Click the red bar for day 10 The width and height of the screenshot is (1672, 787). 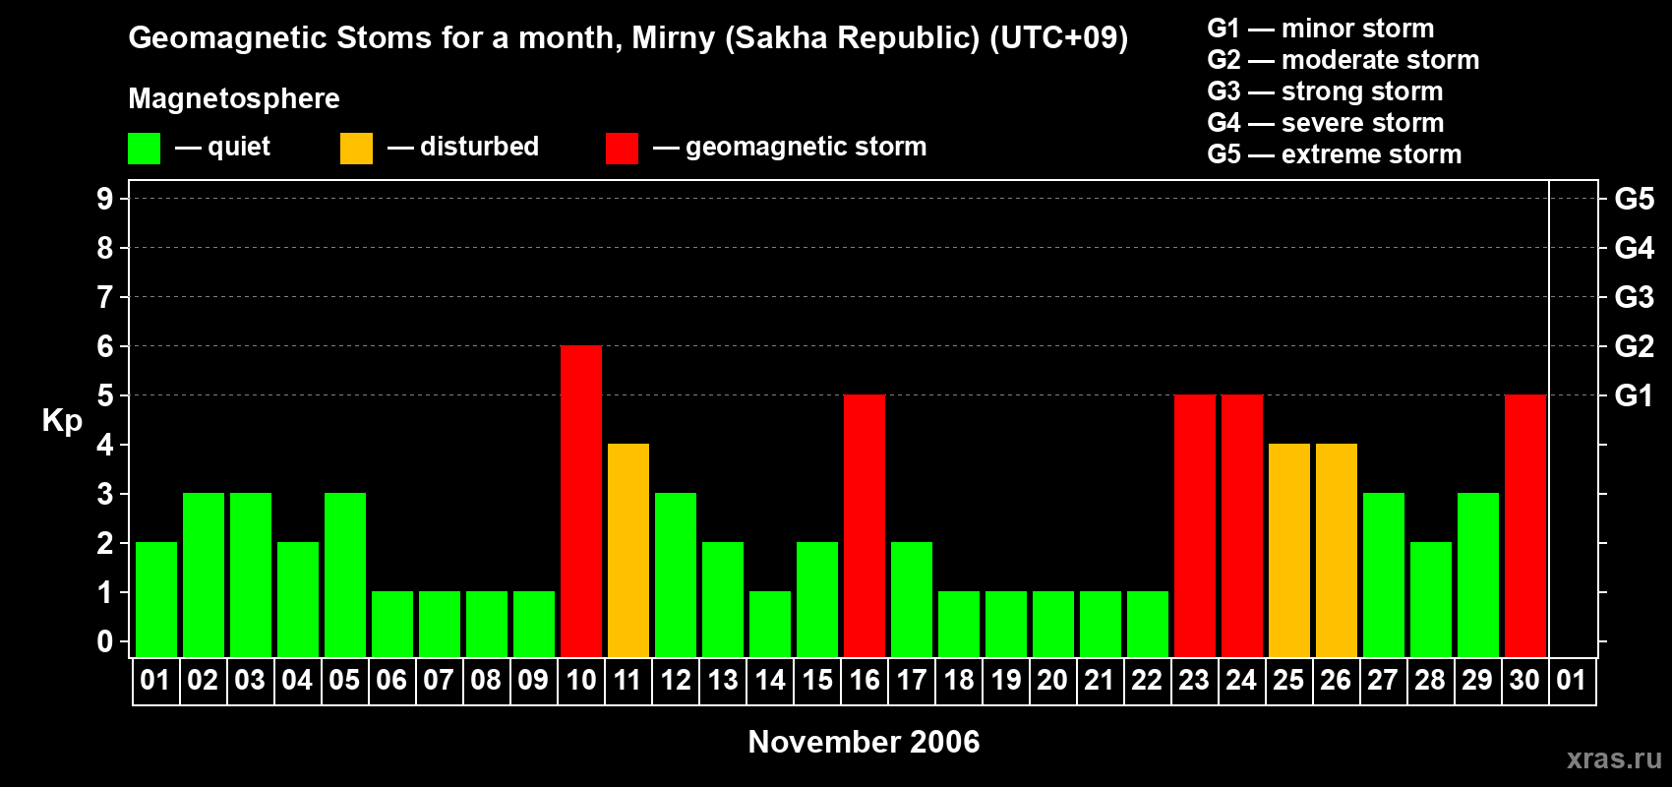coord(580,501)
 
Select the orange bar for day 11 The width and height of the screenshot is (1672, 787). coord(628,550)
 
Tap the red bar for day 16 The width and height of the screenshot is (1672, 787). coord(865,525)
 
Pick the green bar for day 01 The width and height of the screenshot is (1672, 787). coord(156,599)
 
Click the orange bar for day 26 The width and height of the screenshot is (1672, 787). coord(1337,550)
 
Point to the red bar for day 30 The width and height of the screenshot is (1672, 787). coord(1525,525)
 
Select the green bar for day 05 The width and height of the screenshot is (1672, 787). coord(345,575)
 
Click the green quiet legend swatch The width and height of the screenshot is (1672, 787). coord(144,149)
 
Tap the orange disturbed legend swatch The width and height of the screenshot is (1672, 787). coord(356,149)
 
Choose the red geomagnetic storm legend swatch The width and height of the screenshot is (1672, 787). coord(622,149)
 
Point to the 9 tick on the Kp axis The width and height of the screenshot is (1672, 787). coord(104,199)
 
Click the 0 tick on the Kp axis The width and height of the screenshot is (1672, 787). coord(104,642)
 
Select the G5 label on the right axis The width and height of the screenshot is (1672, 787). coord(1634,199)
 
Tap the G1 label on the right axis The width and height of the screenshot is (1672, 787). coord(1634,395)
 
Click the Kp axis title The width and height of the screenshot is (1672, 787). coord(62,421)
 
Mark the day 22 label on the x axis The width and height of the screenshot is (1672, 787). coord(1147,680)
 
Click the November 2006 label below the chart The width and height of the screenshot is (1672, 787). coord(864,742)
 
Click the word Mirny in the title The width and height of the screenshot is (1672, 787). coord(674,38)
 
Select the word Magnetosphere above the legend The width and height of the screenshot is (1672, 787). coord(234,98)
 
